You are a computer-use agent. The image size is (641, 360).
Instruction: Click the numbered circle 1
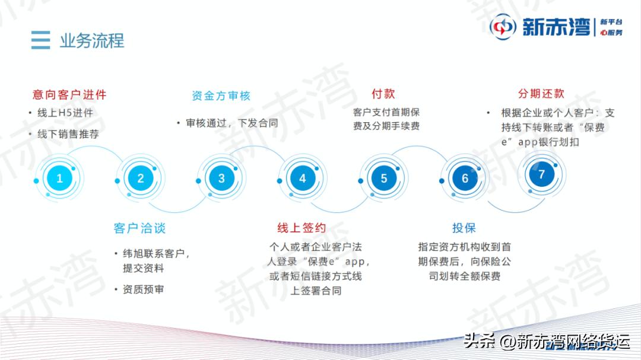pos(59,178)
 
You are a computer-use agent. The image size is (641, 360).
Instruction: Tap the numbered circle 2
pos(141,178)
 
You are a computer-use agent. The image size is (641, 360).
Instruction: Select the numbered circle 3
pos(221,178)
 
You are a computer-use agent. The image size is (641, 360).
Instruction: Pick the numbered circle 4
pos(303,178)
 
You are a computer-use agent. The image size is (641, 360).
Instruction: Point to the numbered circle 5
pos(384,178)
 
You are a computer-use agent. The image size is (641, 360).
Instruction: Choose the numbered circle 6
pos(465,178)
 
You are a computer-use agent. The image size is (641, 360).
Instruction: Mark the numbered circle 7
pos(541,174)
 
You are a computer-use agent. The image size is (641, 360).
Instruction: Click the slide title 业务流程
pos(92,40)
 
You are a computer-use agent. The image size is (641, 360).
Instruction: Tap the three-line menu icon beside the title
pos(40,40)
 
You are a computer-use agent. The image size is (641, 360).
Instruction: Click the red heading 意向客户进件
pos(69,94)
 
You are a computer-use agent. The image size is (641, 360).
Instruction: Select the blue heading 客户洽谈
pos(139,228)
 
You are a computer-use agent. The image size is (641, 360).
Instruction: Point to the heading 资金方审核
pos(221,95)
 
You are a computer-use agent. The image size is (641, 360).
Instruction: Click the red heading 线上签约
pos(302,228)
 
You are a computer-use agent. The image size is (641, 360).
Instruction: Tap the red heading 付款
pos(383,94)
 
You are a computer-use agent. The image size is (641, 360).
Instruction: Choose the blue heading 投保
pos(464,228)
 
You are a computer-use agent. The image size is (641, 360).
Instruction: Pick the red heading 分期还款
pos(541,94)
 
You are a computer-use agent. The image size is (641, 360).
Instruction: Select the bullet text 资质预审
pos(143,289)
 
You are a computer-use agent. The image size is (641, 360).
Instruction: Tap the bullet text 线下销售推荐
pos(68,134)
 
